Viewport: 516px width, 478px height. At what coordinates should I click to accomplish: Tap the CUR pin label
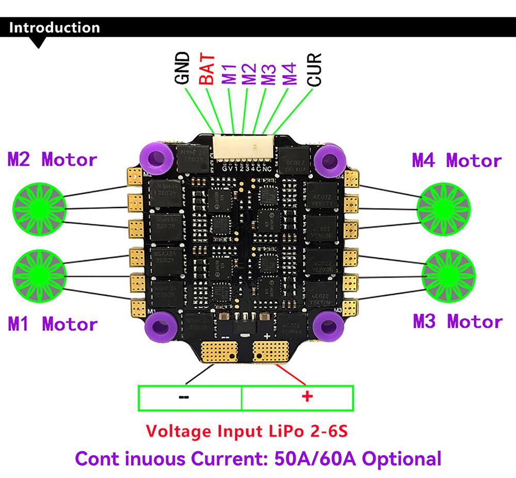pyautogui.click(x=314, y=69)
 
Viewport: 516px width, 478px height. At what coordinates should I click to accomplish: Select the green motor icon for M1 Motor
pyautogui.click(x=39, y=274)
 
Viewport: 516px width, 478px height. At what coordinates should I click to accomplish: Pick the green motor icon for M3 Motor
pyautogui.click(x=447, y=274)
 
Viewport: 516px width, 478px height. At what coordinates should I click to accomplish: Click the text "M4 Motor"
pyautogui.click(x=457, y=161)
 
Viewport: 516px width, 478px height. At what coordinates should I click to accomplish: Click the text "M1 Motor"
pyautogui.click(x=52, y=324)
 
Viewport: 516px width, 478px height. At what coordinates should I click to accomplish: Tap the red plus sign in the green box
pyautogui.click(x=307, y=396)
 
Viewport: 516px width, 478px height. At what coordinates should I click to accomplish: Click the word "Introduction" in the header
pyautogui.click(x=54, y=27)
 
